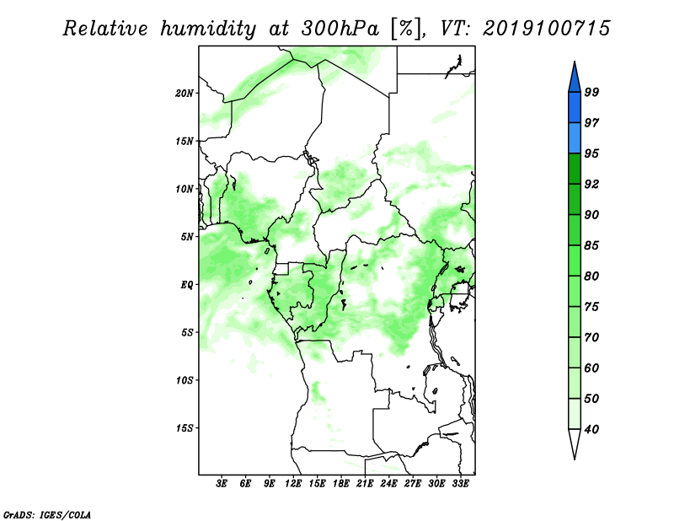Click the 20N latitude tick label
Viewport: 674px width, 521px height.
tap(184, 94)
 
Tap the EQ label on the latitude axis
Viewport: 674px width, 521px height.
tap(186, 285)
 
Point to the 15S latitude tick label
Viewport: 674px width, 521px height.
tap(184, 428)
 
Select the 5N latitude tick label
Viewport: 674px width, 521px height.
tap(186, 237)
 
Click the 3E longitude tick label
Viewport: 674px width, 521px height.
tap(222, 484)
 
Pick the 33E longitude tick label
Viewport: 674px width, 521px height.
tap(460, 484)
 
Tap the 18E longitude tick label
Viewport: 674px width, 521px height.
tap(341, 484)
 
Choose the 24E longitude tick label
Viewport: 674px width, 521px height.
tap(388, 484)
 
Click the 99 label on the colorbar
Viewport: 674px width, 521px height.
tap(591, 92)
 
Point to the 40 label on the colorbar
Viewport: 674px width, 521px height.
tap(591, 429)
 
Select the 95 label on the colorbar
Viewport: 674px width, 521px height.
tap(591, 153)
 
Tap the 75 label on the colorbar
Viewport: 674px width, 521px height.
tap(591, 307)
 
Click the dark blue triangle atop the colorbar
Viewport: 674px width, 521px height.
tap(575, 79)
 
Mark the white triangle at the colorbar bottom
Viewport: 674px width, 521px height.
tap(575, 441)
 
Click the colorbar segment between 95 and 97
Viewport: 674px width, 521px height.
tap(575, 138)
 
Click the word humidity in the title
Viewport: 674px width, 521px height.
tap(208, 29)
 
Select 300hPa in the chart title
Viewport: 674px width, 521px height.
tap(340, 29)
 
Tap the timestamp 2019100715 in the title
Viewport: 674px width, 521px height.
tap(546, 29)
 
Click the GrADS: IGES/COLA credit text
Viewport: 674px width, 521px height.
tap(47, 514)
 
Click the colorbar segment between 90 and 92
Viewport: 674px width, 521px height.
tap(575, 199)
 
